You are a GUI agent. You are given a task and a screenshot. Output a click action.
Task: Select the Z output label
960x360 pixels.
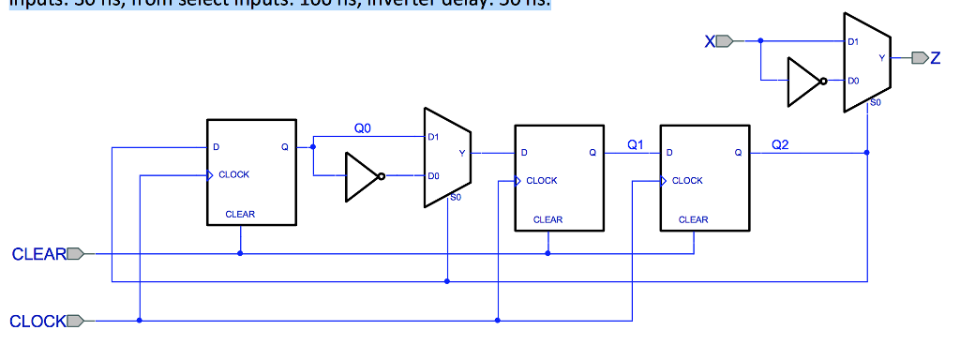934,58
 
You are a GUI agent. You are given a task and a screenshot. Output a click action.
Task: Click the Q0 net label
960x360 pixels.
362,127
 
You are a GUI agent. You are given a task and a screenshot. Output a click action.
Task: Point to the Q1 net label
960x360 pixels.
634,144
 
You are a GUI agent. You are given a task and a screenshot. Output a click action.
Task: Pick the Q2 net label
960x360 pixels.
780,144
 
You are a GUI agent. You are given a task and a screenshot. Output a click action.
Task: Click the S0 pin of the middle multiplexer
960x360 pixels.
456,198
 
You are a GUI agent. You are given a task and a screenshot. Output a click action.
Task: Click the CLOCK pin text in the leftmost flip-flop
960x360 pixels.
233,175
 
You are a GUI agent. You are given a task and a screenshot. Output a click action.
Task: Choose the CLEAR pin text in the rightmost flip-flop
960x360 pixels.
693,219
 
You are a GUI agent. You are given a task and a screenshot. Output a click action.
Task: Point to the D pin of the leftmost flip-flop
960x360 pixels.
217,147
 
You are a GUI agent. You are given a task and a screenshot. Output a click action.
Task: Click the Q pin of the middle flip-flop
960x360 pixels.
592,152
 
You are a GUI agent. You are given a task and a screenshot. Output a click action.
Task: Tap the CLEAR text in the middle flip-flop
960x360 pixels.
547,219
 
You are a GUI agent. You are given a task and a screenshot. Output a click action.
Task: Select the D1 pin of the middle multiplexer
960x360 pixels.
432,137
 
